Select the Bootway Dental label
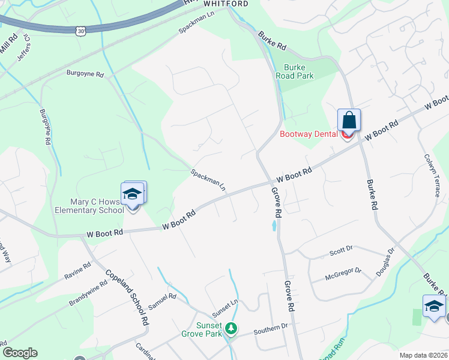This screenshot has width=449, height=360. (x=309, y=134)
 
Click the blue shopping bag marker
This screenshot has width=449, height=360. (x=349, y=121)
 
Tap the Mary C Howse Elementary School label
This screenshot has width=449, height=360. (x=89, y=206)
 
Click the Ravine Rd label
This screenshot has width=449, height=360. (x=77, y=270)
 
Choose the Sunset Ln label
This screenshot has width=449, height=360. (x=226, y=309)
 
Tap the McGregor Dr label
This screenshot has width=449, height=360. (x=343, y=274)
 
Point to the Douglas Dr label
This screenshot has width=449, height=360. (x=386, y=262)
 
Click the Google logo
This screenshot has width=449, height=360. (x=20, y=353)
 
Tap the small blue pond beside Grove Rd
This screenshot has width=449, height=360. (x=274, y=226)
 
